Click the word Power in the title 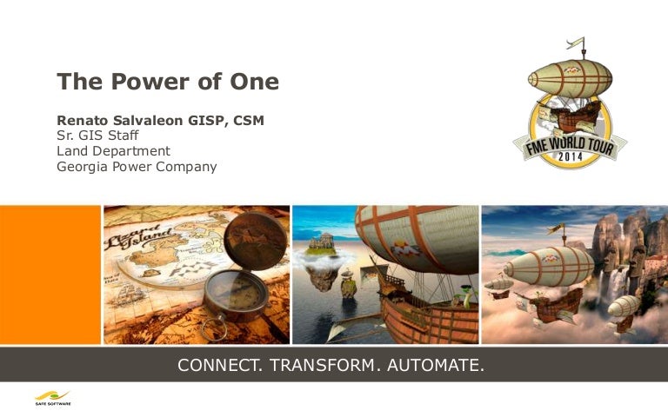pos(150,82)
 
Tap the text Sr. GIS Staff pos(97,136)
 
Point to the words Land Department pos(113,151)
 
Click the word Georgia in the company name pos(83,167)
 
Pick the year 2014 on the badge pos(570,156)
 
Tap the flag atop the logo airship pos(575,42)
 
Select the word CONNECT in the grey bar pos(220,365)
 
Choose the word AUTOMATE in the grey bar pos(436,365)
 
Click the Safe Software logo pos(53,398)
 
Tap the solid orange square pos(50,275)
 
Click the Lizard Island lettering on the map pos(138,237)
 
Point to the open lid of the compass pos(255,242)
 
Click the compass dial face pos(236,293)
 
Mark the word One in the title pos(254,82)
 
